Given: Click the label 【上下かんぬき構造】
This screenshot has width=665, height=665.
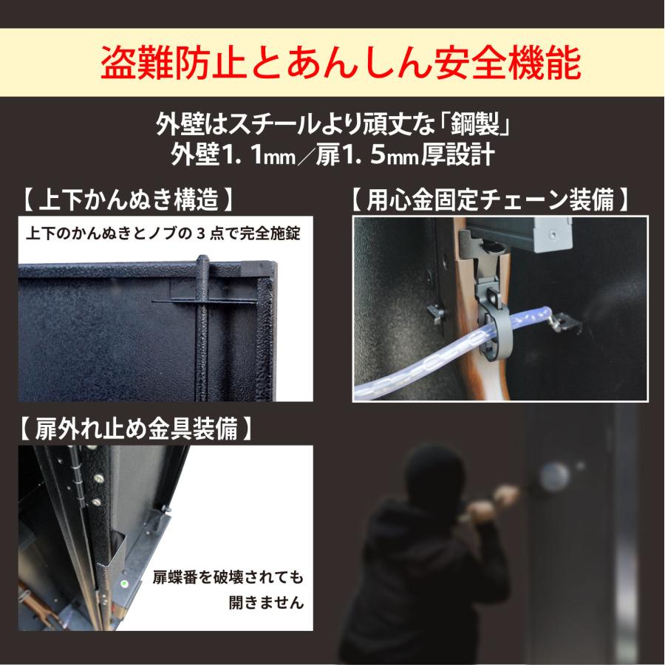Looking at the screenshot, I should (129, 199).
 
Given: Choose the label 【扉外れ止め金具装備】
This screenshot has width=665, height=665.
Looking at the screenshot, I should (137, 429).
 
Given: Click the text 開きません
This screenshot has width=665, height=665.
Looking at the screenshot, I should (265, 602).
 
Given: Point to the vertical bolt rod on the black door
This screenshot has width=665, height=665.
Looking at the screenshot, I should (201, 332).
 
